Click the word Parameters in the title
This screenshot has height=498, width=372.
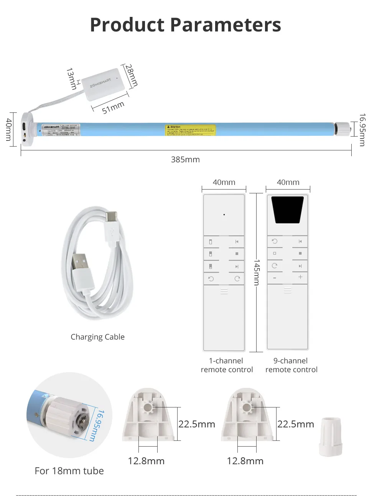[226, 25]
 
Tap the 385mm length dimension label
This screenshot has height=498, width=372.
[185, 160]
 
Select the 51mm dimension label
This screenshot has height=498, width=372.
[113, 107]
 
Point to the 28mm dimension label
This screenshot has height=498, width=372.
[132, 75]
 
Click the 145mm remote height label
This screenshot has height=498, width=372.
[257, 272]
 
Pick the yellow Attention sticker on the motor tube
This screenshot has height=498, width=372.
[191, 130]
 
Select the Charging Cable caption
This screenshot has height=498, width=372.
[97, 337]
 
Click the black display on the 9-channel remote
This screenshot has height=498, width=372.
[288, 209]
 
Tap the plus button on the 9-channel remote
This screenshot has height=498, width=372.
[300, 277]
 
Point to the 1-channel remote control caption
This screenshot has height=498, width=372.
[227, 365]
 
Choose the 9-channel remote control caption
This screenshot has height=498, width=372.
[291, 365]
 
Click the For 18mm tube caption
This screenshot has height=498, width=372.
[69, 471]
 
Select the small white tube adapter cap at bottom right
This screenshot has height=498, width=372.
[330, 437]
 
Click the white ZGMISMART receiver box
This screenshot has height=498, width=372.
[104, 84]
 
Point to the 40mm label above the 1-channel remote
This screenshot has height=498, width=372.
[224, 182]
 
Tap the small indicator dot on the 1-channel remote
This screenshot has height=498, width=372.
[224, 214]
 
